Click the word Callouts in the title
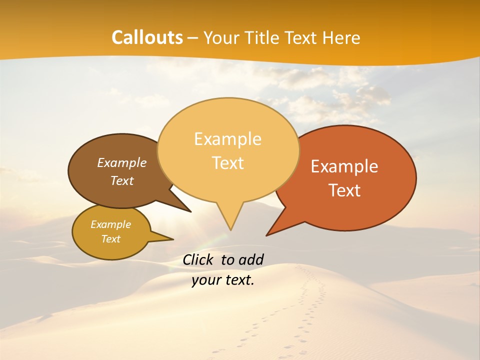pos(147,37)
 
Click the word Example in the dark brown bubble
pos(121,163)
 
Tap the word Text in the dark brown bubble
pos(121,181)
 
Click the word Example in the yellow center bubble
pos(227,139)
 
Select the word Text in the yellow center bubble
pos(227,163)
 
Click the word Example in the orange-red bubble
pos(344,166)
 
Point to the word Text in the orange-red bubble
pos(344,190)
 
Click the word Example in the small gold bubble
pos(110,225)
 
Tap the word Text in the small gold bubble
pos(110,239)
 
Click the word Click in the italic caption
pos(197,259)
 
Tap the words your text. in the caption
pos(223,280)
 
